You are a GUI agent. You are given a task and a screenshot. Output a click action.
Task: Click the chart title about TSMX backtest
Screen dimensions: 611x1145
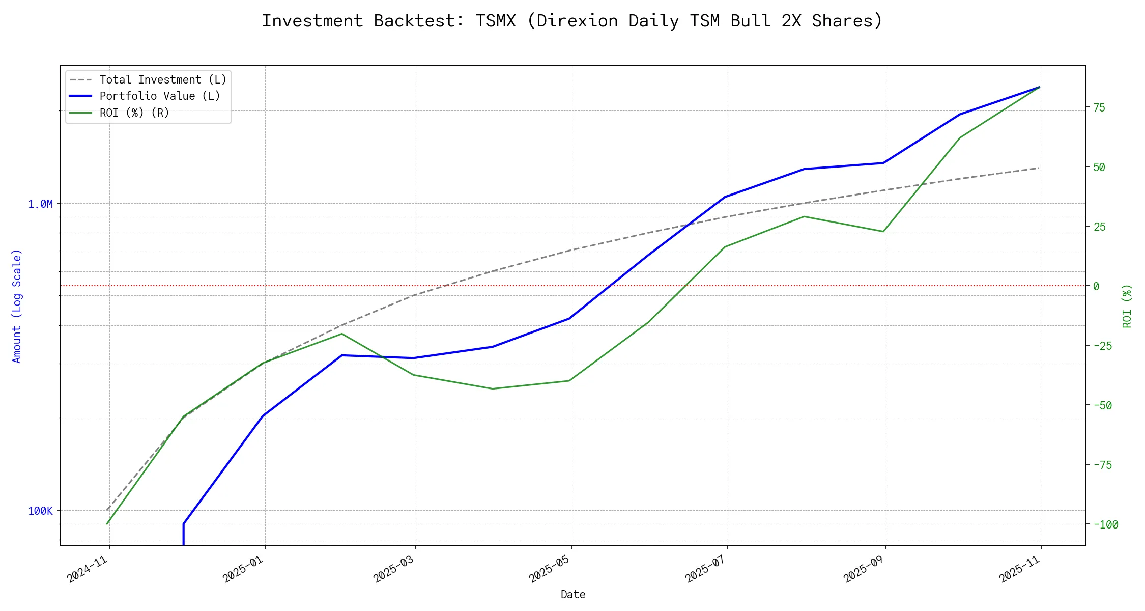[572, 21]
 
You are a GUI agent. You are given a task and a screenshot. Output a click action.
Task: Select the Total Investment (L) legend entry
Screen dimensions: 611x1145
[163, 80]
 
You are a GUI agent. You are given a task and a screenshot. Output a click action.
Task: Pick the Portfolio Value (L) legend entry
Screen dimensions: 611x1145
[160, 96]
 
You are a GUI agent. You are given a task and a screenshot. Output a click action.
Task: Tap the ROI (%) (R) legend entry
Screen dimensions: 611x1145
[134, 113]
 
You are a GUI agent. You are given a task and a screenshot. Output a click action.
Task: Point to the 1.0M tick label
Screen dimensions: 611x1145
[40, 204]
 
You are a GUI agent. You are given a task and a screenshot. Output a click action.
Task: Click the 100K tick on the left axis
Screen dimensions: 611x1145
[40, 511]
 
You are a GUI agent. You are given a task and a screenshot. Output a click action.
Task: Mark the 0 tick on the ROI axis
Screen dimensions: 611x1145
[1096, 287]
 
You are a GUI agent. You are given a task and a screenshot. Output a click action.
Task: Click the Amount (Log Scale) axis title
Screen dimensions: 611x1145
[17, 306]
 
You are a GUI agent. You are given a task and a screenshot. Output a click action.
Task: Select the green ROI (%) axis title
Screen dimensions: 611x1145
[1127, 306]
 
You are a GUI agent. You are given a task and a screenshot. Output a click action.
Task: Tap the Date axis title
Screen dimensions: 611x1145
[573, 595]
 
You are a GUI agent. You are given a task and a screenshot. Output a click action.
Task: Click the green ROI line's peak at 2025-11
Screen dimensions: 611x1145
[1039, 87]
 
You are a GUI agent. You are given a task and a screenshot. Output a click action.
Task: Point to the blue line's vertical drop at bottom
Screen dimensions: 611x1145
[183, 535]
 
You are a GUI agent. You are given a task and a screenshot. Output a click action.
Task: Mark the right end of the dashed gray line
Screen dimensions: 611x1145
[1039, 168]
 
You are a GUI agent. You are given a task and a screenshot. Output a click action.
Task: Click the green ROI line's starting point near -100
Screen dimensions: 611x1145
[107, 524]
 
